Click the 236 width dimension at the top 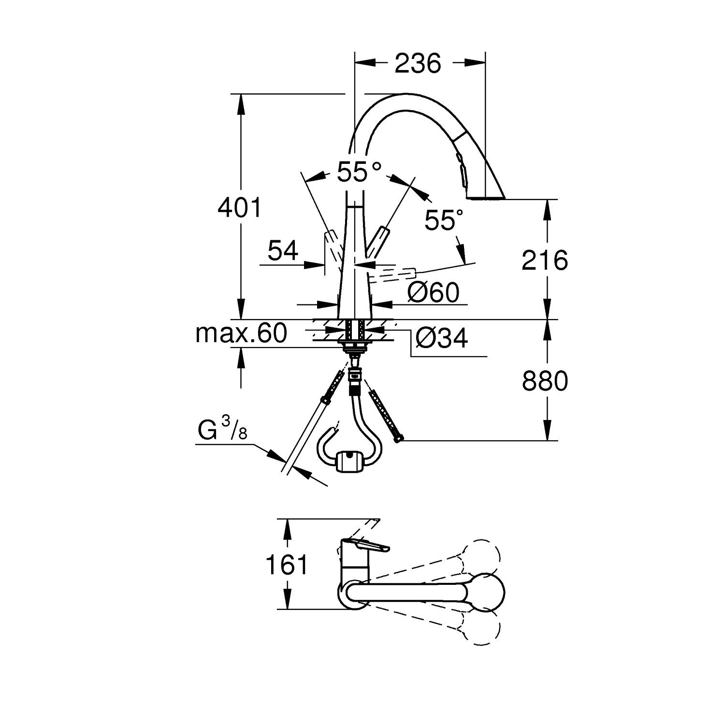[x=418, y=63]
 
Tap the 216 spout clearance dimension [x=545, y=261]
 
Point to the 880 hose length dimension [x=545, y=382]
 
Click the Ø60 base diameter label [x=433, y=292]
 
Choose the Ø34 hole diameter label [x=441, y=338]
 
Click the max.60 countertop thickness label [x=241, y=333]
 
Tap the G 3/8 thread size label [x=222, y=430]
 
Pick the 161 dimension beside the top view [x=287, y=565]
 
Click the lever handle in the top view [x=367, y=546]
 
